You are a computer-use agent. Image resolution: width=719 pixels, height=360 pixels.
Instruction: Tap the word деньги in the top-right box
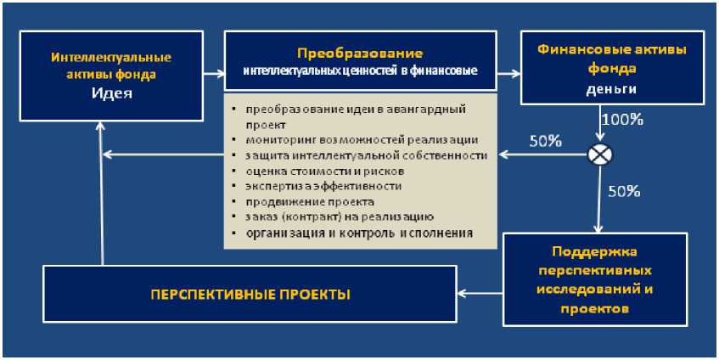tap(610, 87)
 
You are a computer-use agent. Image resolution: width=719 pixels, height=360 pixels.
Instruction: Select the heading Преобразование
tap(360, 53)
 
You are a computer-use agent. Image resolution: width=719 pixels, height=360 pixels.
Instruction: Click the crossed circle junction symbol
tap(600, 155)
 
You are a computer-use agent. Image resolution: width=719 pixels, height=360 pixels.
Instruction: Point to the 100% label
tap(621, 120)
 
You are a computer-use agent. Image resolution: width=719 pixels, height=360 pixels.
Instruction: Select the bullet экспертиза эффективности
tap(323, 186)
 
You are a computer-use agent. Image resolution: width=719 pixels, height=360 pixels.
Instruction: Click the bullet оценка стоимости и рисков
tap(319, 171)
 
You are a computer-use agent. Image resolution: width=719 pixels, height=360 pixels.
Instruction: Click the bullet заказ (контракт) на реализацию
tap(340, 217)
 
